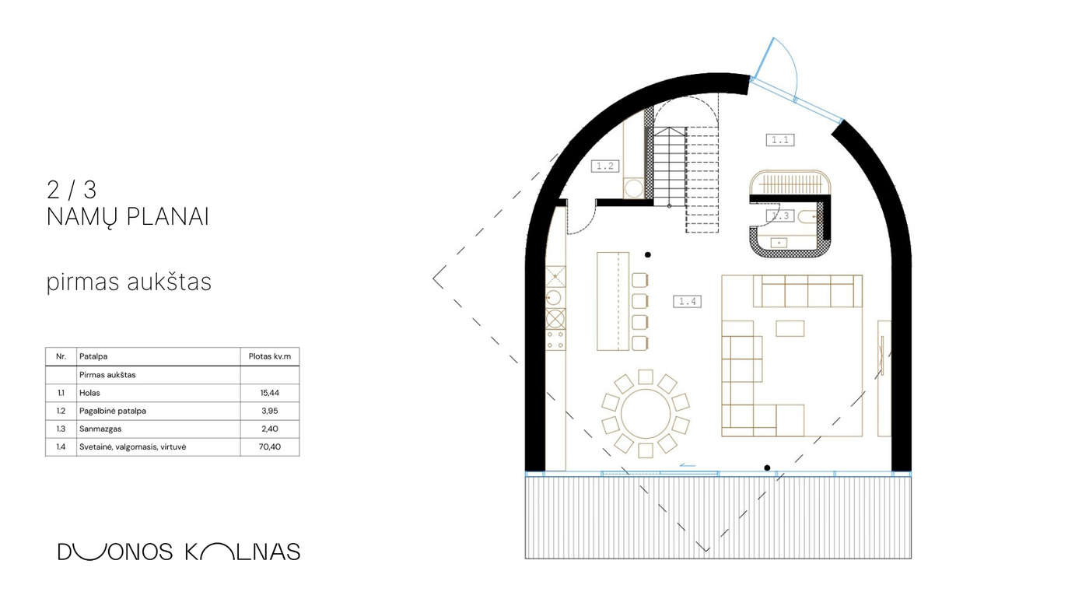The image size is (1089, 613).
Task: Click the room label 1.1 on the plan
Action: [779, 140]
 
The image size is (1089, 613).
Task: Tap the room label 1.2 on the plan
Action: [605, 166]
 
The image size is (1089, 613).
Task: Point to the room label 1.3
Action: [780, 215]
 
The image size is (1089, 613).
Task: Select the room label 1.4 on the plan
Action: [687, 301]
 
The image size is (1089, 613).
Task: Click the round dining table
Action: [646, 414]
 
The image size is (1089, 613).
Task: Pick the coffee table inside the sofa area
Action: [790, 328]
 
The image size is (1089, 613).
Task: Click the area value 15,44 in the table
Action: [270, 393]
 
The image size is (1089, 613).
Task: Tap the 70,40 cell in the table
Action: [270, 447]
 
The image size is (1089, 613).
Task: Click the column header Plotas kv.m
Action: [270, 356]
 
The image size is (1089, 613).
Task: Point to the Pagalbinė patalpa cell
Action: [113, 411]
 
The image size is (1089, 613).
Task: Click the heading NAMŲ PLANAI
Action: [128, 217]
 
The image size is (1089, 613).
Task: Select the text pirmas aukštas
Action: [129, 282]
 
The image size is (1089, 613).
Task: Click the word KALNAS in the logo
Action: [243, 552]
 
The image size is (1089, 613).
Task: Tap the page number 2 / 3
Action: [72, 190]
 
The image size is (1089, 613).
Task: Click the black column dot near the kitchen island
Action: [647, 254]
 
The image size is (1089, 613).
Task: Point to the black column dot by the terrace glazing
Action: [767, 468]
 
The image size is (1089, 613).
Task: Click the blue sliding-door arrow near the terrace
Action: [688, 466]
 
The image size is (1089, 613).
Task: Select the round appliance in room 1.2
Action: [633, 188]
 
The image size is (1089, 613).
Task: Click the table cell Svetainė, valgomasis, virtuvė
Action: [133, 447]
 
